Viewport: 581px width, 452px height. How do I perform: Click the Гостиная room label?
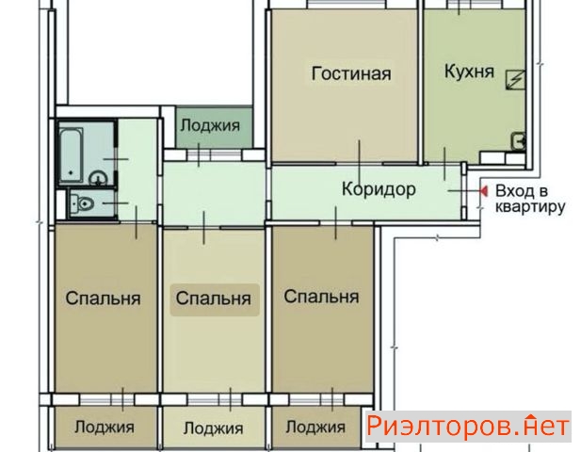coord(351,73)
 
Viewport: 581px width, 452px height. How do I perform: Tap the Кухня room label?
coord(469,72)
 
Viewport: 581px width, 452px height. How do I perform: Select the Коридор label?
coord(379,189)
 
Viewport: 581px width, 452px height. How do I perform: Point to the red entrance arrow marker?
coord(484,191)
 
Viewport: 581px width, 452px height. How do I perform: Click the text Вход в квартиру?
coord(530,199)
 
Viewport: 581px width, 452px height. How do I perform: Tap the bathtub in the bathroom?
coord(72,155)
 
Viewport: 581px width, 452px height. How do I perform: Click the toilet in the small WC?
coord(83,203)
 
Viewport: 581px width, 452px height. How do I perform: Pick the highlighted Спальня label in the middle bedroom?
coord(214,299)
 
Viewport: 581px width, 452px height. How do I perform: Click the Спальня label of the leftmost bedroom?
coord(103,299)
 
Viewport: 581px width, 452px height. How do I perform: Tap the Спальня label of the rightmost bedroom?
coord(321,297)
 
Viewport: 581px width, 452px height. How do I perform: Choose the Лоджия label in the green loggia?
coord(210,125)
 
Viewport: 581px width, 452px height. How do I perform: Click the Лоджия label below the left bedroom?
coord(105,428)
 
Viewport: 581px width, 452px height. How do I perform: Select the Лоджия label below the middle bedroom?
coord(214,428)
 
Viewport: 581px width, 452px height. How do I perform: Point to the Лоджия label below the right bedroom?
coord(315,428)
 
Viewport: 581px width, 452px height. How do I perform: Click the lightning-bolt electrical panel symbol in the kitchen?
coord(516,80)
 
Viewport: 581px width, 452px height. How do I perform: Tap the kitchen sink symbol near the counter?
coord(519,141)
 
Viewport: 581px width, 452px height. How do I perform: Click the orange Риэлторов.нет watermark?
coord(468,427)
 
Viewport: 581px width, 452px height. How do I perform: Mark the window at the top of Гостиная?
coord(347,4)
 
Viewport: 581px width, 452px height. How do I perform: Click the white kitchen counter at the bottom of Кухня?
coord(503,157)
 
